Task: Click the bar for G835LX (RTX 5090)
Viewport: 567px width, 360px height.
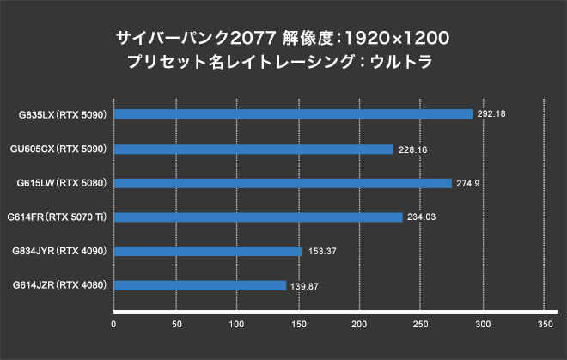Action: pyautogui.click(x=293, y=114)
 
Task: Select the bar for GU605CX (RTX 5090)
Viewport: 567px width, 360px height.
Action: pyautogui.click(x=253, y=149)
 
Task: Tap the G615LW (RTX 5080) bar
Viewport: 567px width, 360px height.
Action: pyautogui.click(x=283, y=183)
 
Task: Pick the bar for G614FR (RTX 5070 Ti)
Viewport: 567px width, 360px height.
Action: pyautogui.click(x=258, y=217)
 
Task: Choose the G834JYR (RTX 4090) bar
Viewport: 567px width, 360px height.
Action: pyautogui.click(x=208, y=251)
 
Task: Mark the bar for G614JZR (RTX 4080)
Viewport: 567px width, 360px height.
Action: pyautogui.click(x=200, y=285)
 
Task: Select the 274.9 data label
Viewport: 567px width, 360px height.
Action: pyautogui.click(x=467, y=183)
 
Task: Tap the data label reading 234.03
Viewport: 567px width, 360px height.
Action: pyautogui.click(x=419, y=217)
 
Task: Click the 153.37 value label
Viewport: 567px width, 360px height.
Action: pyautogui.click(x=320, y=251)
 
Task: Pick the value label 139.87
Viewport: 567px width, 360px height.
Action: pyautogui.click(x=304, y=285)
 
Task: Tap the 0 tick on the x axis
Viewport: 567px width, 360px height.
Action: pyautogui.click(x=114, y=324)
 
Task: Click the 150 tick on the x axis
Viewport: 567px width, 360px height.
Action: pyautogui.click(x=298, y=324)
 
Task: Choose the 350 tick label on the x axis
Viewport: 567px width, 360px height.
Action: pyautogui.click(x=544, y=324)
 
